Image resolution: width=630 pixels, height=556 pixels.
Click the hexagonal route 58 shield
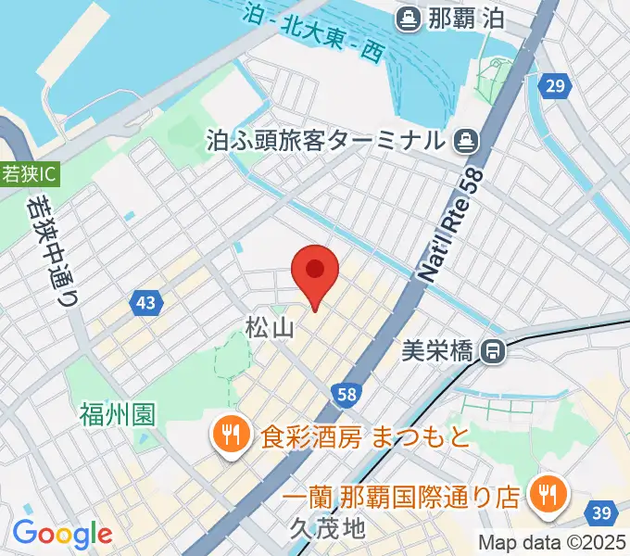(x=346, y=395)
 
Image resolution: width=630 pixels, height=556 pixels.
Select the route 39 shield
(x=602, y=513)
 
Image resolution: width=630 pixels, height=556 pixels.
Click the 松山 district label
(x=270, y=327)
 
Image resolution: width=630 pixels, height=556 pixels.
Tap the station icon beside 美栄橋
(x=493, y=351)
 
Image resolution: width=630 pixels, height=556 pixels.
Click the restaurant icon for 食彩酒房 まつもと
(x=227, y=434)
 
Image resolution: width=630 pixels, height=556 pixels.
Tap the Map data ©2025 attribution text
(x=552, y=544)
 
